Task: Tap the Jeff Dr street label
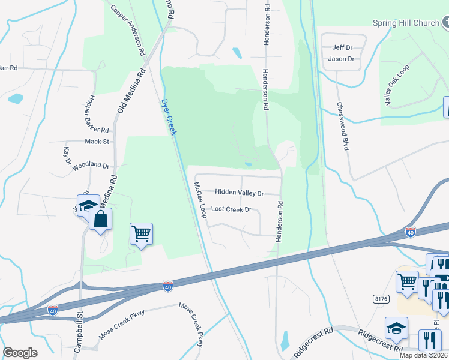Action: pyautogui.click(x=340, y=47)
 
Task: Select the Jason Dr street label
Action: pyautogui.click(x=342, y=59)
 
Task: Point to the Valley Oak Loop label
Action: pyautogui.click(x=396, y=86)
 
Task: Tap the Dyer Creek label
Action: pyautogui.click(x=168, y=117)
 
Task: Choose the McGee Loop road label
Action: pyautogui.click(x=199, y=200)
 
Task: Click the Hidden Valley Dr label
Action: pyautogui.click(x=239, y=193)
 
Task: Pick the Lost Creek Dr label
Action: pyautogui.click(x=231, y=209)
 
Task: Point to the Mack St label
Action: pyautogui.click(x=97, y=142)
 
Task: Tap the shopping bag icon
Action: pyautogui.click(x=100, y=220)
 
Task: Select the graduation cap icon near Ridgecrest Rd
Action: pyautogui.click(x=396, y=328)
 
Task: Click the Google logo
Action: pyautogui.click(x=20, y=353)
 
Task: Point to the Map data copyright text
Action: pyautogui.click(x=423, y=355)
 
